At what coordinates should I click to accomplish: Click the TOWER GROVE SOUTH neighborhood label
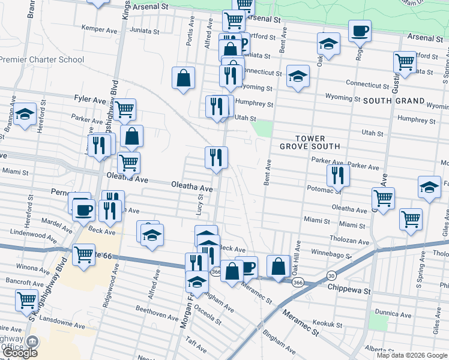(310, 142)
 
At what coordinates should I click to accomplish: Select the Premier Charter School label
(42, 59)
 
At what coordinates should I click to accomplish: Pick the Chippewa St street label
(349, 289)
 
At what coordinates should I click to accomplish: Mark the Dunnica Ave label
(393, 314)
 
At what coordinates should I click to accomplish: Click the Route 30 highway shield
(331, 275)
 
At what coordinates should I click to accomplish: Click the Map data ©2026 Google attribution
(412, 355)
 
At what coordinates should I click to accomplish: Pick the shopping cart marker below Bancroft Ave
(27, 299)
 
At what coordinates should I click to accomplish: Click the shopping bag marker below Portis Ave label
(183, 77)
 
